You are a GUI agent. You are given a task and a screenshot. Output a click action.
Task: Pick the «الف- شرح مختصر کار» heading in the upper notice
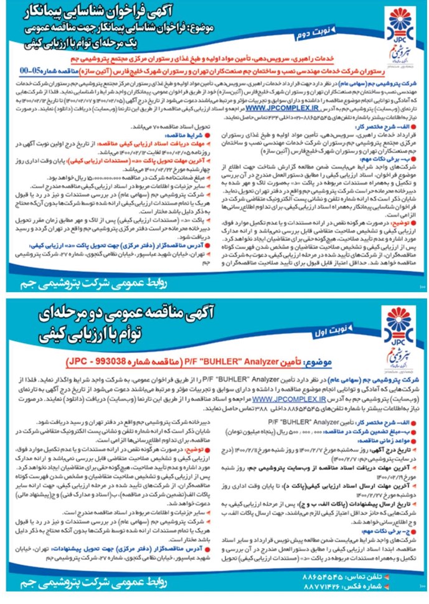(x=393, y=124)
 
